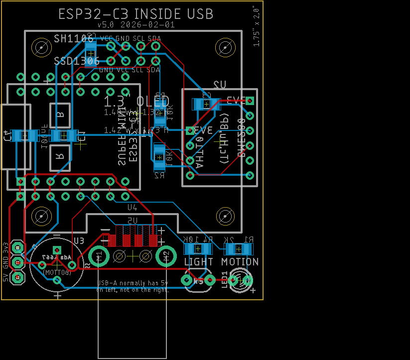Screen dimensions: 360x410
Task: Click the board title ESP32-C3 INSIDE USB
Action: coord(136,13)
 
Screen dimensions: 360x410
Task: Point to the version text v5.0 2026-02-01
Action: coord(136,24)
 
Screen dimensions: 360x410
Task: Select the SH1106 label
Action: coord(74,39)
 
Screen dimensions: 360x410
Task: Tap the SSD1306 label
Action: coord(76,61)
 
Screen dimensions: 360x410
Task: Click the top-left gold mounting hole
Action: coord(41,48)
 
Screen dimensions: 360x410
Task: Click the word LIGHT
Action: coord(198,261)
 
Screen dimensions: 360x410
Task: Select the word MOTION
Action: coord(240,261)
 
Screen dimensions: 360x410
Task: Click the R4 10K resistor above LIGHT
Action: coord(198,248)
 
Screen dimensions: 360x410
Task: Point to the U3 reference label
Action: coord(79,240)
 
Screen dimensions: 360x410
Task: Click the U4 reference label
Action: coord(133,207)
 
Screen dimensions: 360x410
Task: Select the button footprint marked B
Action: coord(60,115)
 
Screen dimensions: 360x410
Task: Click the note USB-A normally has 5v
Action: coord(133,283)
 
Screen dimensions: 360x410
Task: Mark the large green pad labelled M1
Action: coord(99,256)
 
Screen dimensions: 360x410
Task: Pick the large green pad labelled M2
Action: coord(166,256)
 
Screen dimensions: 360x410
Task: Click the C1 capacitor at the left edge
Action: coord(24,135)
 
